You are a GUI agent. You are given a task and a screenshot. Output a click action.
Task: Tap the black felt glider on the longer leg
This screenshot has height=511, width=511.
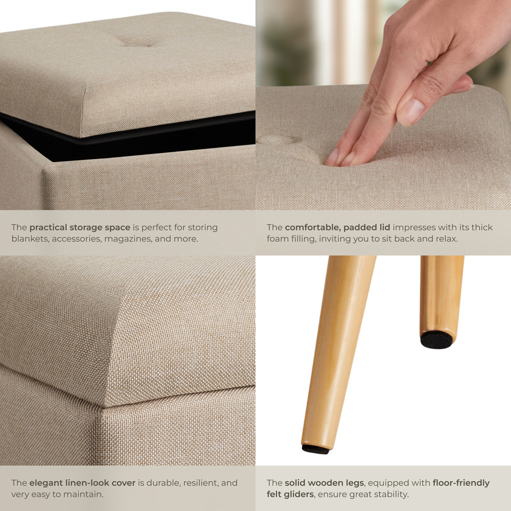click(315, 449)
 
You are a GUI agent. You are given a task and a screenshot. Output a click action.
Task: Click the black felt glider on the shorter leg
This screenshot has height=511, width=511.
click(436, 340)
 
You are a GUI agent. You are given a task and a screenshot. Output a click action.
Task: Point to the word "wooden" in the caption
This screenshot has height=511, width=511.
click(325, 483)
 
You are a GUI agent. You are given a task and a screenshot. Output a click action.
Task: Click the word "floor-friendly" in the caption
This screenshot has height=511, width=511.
click(461, 483)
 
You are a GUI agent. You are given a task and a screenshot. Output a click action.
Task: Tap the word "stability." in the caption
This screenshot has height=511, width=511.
click(390, 494)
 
